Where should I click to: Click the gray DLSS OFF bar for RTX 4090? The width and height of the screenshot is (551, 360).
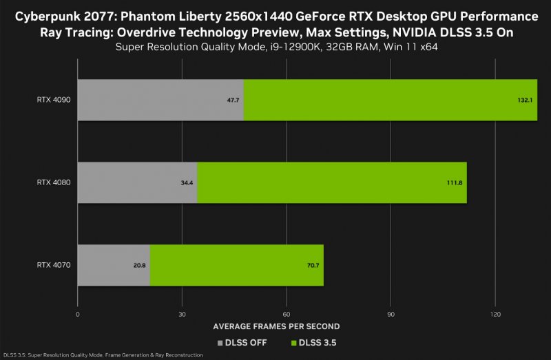pyautogui.click(x=160, y=100)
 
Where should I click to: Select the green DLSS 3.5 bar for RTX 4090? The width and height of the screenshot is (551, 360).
pyautogui.click(x=390, y=100)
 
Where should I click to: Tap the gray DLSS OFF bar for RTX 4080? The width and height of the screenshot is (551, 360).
pyautogui.click(x=137, y=182)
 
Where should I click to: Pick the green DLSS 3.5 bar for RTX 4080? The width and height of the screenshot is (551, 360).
pyautogui.click(x=332, y=182)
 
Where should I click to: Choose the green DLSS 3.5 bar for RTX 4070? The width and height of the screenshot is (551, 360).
pyautogui.click(x=236, y=265)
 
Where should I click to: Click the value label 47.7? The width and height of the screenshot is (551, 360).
pyautogui.click(x=233, y=100)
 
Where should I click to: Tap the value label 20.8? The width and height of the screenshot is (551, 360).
pyautogui.click(x=140, y=265)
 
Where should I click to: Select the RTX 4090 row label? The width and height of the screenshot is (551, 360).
pyautogui.click(x=54, y=100)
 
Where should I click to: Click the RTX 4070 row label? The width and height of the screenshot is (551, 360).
pyautogui.click(x=54, y=265)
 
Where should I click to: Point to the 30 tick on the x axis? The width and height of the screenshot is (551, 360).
pyautogui.click(x=182, y=314)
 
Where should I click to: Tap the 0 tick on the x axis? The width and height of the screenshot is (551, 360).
pyautogui.click(x=78, y=314)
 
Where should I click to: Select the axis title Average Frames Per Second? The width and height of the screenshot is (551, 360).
pyautogui.click(x=276, y=326)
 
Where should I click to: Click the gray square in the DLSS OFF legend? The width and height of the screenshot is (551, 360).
pyautogui.click(x=220, y=342)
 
